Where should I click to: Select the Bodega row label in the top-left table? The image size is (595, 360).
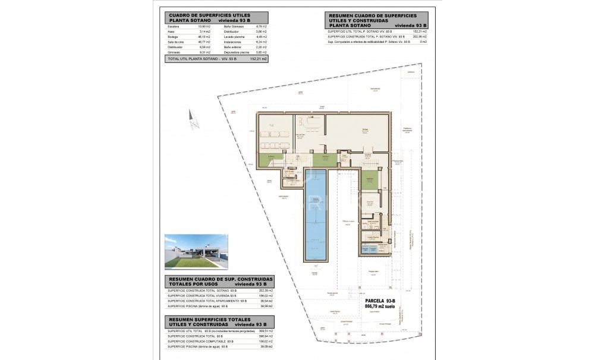(173, 37)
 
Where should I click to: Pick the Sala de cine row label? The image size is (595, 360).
(175, 42)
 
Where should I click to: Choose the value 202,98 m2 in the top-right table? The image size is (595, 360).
(420, 37)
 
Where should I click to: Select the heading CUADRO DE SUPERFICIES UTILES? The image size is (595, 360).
(210, 15)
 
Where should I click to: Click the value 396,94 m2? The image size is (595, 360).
(265, 336)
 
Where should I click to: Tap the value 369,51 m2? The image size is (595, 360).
(265, 331)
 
